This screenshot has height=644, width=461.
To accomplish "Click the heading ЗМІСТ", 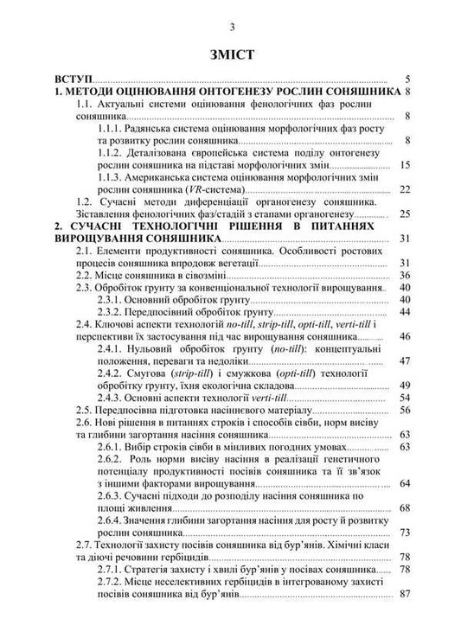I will coord(231,54).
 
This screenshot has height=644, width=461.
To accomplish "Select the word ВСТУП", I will coord(74,77).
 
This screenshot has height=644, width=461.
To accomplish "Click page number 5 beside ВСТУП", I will coord(407,77).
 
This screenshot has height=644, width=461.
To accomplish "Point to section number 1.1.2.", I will coord(115,150).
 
